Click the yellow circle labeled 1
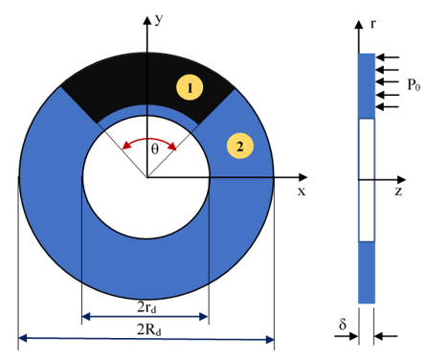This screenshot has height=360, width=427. (190, 87)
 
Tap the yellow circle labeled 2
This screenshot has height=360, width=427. (240, 146)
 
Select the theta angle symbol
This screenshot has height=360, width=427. (155, 149)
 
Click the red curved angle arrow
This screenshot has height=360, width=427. (149, 139)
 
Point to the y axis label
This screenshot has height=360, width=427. (159, 19)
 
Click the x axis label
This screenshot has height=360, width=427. (302, 191)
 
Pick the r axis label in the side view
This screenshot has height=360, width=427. (372, 23)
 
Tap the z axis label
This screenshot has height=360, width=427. (398, 191)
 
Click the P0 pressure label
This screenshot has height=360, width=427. (414, 85)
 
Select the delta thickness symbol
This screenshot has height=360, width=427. (343, 324)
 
